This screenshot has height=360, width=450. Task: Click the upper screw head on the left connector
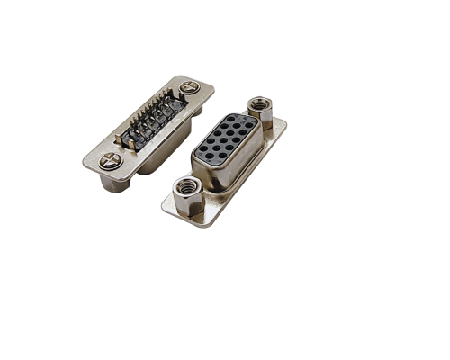pyautogui.click(x=190, y=87)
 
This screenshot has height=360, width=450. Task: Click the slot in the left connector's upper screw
pyautogui.click(x=190, y=87)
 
